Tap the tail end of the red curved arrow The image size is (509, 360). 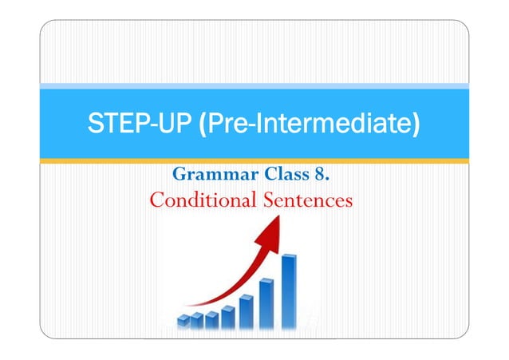[x=188, y=304]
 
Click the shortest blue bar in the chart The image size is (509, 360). [x=183, y=321]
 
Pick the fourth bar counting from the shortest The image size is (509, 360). [x=228, y=316]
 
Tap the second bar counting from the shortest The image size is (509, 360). [x=196, y=320]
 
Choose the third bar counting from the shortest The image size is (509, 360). [x=211, y=319]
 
